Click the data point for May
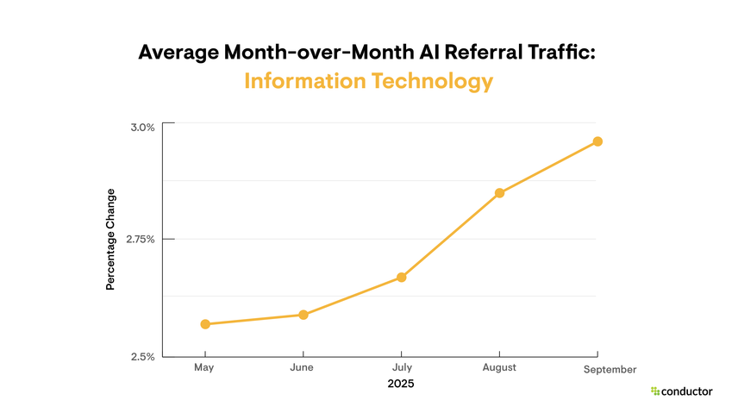click(x=205, y=324)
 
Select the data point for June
click(x=303, y=315)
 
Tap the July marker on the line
click(x=401, y=277)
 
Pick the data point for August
click(x=499, y=192)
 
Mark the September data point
click(x=597, y=141)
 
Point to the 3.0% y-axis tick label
click(x=142, y=127)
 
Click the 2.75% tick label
click(x=140, y=239)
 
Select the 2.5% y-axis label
click(x=142, y=356)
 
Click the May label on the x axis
click(x=204, y=367)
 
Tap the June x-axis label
click(x=303, y=367)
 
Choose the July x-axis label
click(x=401, y=367)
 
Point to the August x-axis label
click(x=499, y=367)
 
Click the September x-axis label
click(x=610, y=369)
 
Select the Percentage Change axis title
click(x=110, y=239)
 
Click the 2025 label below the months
click(x=401, y=383)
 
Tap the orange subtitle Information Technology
click(x=369, y=81)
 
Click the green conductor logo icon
click(x=655, y=391)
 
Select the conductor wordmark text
click(x=687, y=391)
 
